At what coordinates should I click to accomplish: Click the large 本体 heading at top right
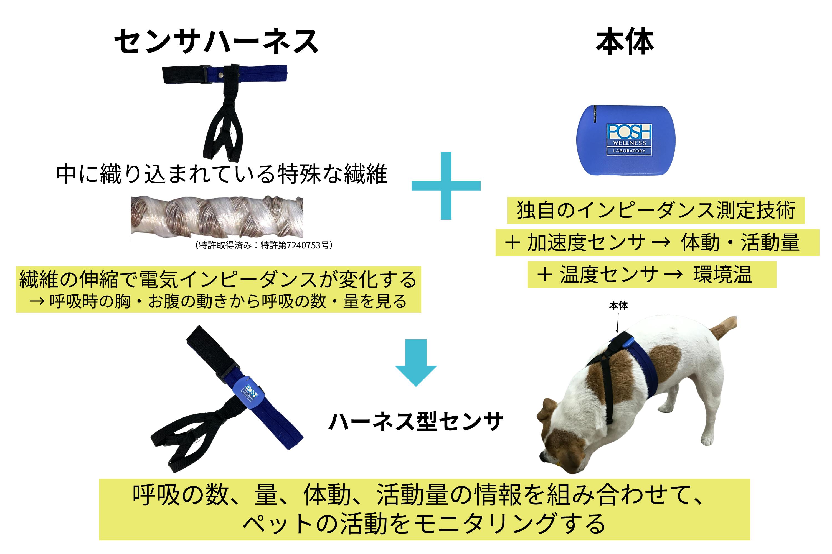click(625, 41)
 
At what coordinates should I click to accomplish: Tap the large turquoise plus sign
click(446, 186)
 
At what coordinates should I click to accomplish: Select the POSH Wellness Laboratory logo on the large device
click(629, 139)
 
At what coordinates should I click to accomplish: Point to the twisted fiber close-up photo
click(217, 217)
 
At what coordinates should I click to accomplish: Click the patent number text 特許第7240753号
click(296, 245)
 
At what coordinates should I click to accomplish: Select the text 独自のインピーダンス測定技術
click(656, 210)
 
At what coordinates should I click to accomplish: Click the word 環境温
click(722, 275)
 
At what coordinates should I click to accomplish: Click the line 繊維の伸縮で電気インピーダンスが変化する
click(218, 279)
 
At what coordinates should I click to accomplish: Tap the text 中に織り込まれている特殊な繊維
click(222, 174)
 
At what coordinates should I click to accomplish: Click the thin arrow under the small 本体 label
click(618, 322)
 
